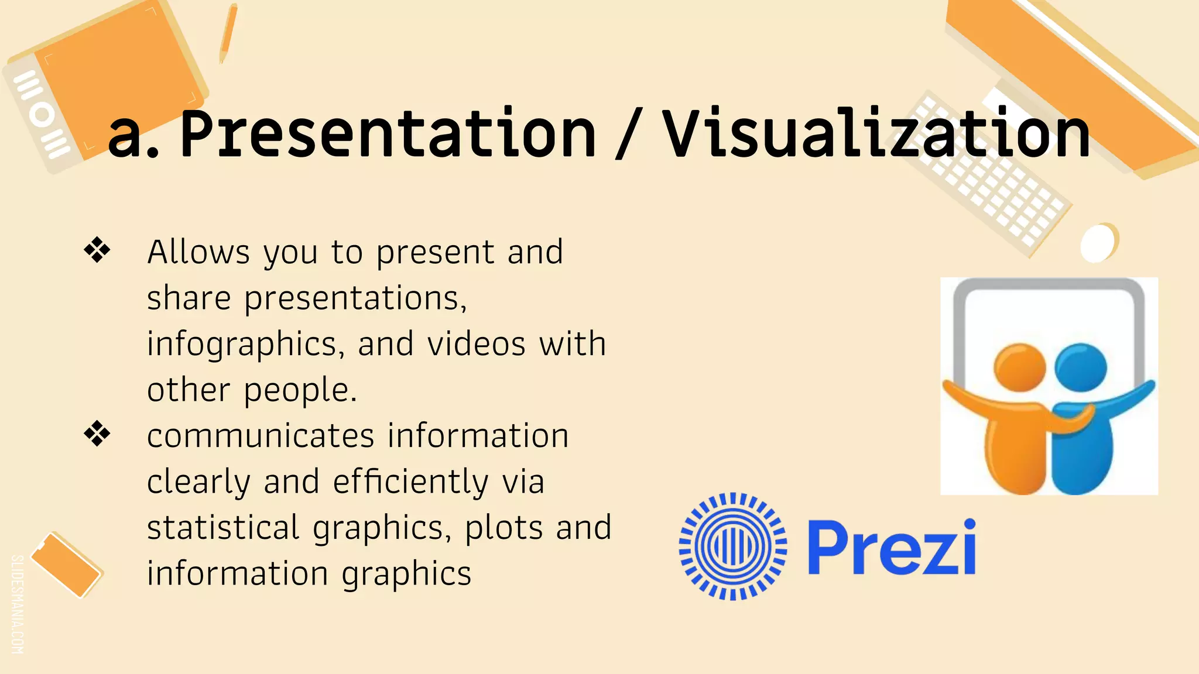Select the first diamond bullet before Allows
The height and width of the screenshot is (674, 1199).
[x=97, y=250]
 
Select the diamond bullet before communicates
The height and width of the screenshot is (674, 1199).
[x=97, y=434]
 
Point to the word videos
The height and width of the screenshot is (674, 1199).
[x=476, y=343]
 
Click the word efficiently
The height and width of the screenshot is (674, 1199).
[x=410, y=482]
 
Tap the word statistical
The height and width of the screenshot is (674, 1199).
[x=223, y=527]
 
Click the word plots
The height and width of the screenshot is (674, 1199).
[x=503, y=527]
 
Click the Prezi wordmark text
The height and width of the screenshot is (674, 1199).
[x=891, y=548]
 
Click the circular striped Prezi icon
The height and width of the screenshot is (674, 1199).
[x=733, y=546]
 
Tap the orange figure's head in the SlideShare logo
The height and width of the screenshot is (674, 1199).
[x=1019, y=367]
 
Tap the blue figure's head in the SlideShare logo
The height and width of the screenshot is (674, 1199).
[x=1081, y=367]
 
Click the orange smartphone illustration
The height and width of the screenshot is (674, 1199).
[x=66, y=565]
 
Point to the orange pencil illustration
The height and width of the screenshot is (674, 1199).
[x=228, y=33]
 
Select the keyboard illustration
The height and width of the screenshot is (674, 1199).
[x=989, y=176]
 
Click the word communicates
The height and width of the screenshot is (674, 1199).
[x=260, y=436]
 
